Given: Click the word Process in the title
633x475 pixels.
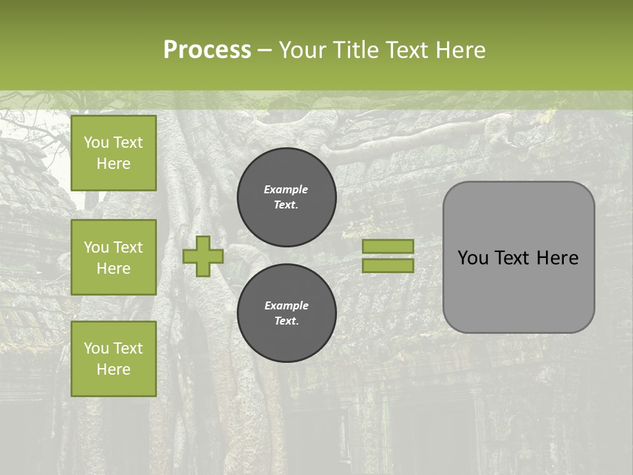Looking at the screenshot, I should [x=207, y=50].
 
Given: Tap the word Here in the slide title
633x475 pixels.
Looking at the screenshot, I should [x=460, y=50].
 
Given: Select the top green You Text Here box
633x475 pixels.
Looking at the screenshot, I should [x=113, y=153].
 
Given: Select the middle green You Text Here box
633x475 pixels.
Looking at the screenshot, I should [x=113, y=257].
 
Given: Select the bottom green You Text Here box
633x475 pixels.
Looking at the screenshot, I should [x=113, y=358].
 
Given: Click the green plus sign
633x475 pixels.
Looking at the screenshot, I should [x=203, y=257].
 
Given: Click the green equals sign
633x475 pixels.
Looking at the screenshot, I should [x=388, y=256].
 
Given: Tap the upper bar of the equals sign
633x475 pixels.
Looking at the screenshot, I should [x=388, y=246].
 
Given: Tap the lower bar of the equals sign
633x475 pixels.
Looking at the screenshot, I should [x=388, y=266].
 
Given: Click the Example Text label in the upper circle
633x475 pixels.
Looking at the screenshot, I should [x=286, y=197].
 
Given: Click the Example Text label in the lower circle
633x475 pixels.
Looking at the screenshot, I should [x=286, y=313].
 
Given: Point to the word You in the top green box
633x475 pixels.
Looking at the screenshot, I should [x=96, y=142].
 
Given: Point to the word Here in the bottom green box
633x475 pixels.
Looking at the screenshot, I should [x=113, y=369].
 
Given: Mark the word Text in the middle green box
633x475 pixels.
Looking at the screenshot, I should [x=128, y=247].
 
